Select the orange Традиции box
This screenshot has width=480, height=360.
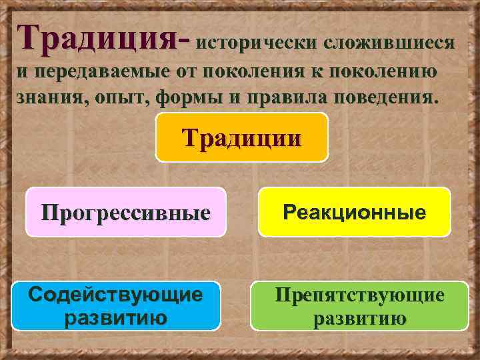(x=242, y=137)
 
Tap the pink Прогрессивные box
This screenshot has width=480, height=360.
(x=126, y=212)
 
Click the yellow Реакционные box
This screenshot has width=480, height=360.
(x=354, y=212)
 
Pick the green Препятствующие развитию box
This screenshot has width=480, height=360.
(x=359, y=306)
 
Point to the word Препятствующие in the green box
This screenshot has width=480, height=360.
(x=360, y=295)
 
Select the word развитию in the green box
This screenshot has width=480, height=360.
(x=360, y=318)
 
